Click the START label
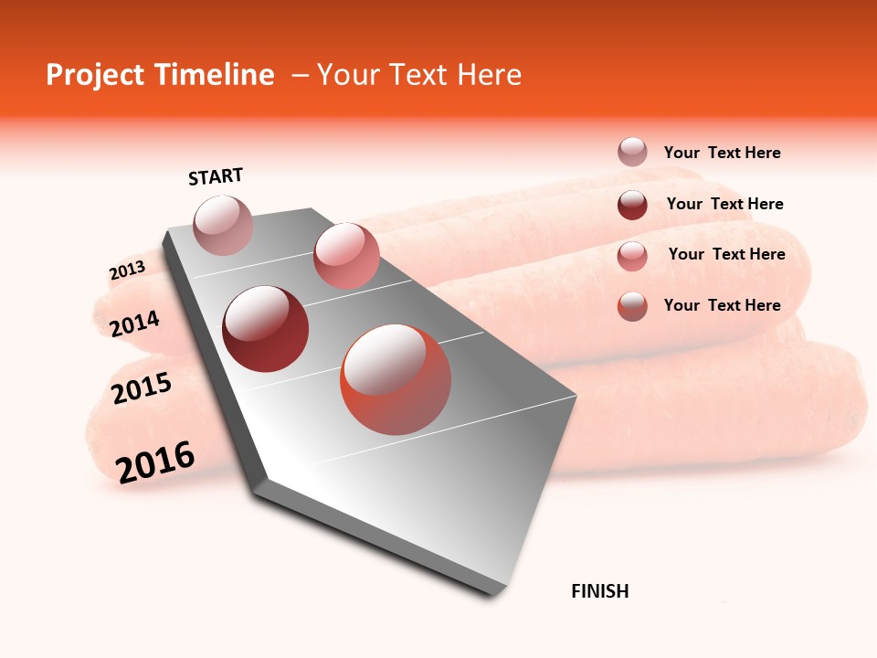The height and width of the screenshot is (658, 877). coord(216,176)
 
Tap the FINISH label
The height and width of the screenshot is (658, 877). coord(599,591)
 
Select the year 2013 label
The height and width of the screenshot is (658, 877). coord(127,271)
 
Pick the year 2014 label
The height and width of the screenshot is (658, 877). coord(134,324)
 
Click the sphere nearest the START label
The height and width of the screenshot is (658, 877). coord(223,225)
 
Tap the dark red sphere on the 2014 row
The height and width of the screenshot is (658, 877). coord(265,329)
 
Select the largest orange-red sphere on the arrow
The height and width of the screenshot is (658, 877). coord(396,379)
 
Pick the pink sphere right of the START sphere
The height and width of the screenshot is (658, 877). coord(346,255)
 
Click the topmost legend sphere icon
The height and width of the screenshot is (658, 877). coord(632,153)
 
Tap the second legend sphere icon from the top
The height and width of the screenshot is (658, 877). coord(632,205)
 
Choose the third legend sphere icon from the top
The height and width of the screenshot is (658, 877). coord(632,256)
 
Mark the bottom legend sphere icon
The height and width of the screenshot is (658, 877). coord(632,306)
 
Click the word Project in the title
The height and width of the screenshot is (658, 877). coord(94,75)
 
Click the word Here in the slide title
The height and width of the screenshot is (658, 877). coord(489,75)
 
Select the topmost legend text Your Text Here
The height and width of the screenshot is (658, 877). coord(722,153)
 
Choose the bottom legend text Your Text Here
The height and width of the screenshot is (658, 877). coord(722,305)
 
